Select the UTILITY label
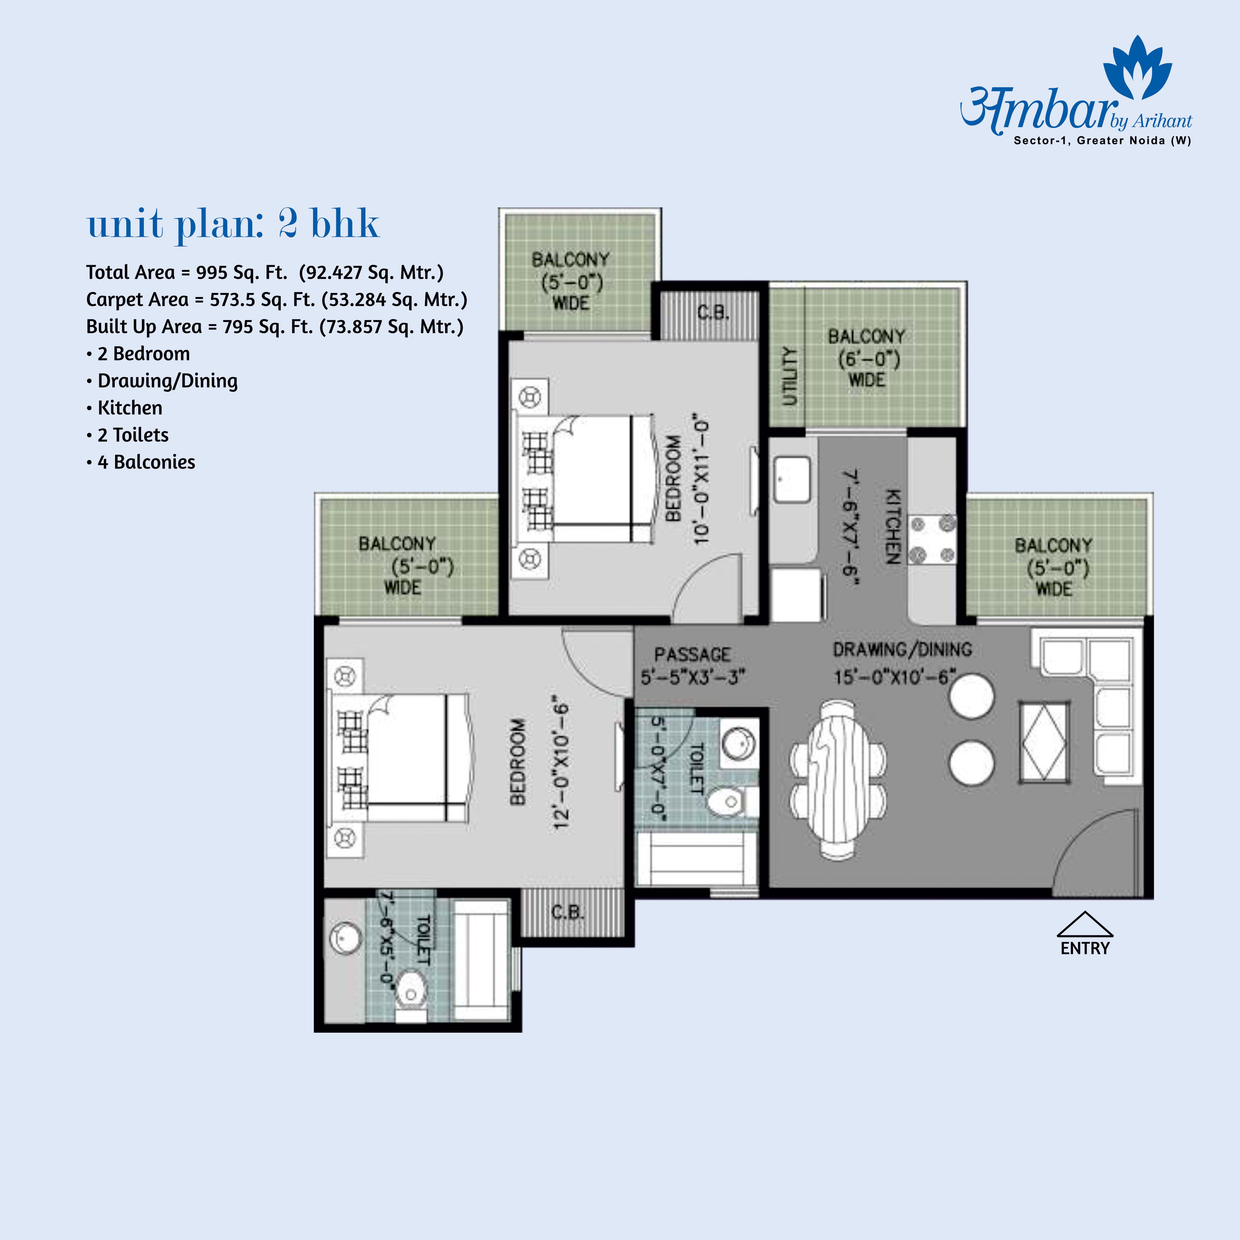click(789, 377)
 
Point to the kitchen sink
click(792, 479)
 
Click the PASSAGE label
click(692, 655)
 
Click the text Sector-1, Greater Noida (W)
click(1102, 141)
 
